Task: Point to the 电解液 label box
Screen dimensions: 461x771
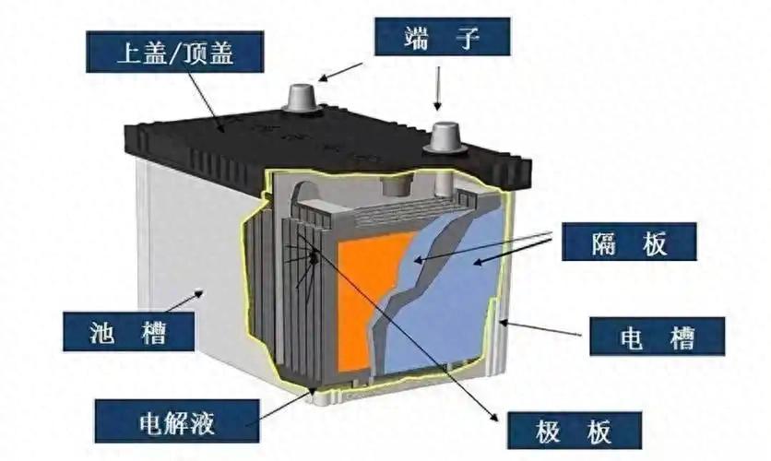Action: click(x=181, y=422)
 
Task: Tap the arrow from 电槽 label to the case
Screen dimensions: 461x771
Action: click(x=544, y=327)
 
